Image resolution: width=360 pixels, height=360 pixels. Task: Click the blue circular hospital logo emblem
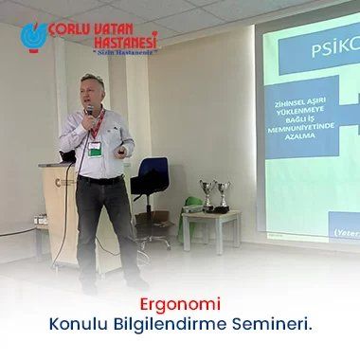coord(34,36)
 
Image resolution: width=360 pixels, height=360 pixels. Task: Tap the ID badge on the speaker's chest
coord(95,147)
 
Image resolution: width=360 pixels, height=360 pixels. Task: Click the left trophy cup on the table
coord(207,194)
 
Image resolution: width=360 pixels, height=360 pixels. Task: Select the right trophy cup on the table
coord(223,194)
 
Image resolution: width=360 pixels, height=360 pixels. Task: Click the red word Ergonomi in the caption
coord(179,305)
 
